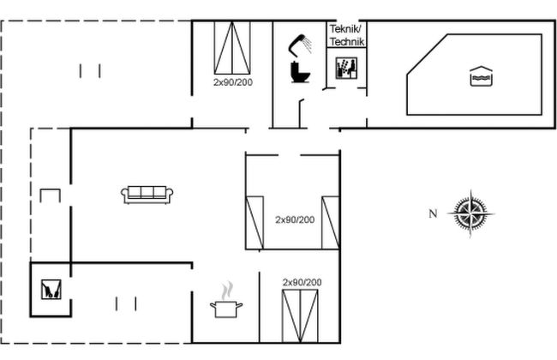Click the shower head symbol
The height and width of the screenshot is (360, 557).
[x=299, y=45]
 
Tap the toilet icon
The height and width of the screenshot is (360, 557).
[x=300, y=72]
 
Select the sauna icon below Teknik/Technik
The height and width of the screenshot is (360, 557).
[x=346, y=68]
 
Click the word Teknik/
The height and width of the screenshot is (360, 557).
[x=345, y=29]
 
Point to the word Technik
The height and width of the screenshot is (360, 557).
[x=347, y=42]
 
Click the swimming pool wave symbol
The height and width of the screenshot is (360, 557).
[x=481, y=76]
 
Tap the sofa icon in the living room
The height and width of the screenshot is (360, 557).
[x=147, y=195]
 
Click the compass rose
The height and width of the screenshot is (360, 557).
[x=470, y=213]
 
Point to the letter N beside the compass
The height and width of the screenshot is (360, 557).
[x=433, y=213]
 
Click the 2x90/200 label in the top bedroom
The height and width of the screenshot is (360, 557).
[x=233, y=82]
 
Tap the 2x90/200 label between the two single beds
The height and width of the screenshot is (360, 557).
[x=295, y=219]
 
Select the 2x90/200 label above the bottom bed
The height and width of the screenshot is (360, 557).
[x=302, y=282]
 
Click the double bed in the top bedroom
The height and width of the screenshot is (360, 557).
[x=232, y=48]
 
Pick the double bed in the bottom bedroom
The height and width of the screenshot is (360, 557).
[x=300, y=316]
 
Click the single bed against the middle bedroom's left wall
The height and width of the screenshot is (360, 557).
[x=255, y=223]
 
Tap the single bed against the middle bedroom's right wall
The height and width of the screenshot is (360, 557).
[x=331, y=223]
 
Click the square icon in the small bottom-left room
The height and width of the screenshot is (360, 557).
[x=51, y=289]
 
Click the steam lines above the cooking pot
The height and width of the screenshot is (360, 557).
[x=227, y=291]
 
